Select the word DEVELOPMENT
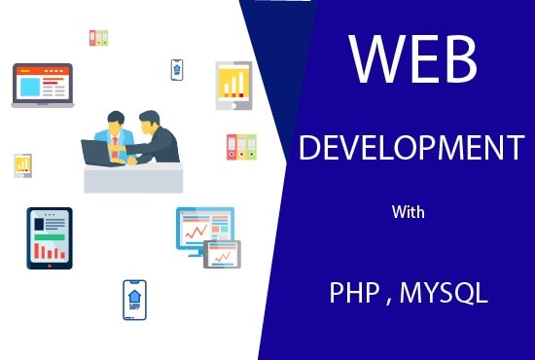point(411,149)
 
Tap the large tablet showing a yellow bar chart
point(233,84)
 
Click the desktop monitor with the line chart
point(203,230)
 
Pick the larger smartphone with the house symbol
point(134,299)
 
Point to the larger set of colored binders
point(240,147)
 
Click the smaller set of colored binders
point(98,38)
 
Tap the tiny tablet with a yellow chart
point(22,164)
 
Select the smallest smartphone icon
point(177,68)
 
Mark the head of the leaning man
point(148,121)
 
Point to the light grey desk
point(132,178)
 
